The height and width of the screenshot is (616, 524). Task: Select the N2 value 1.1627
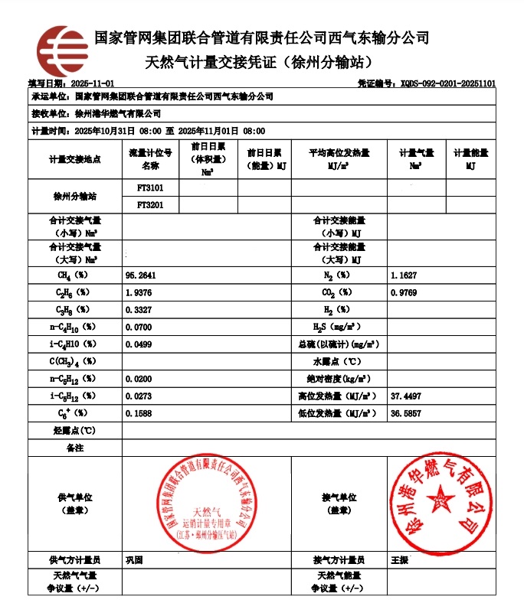(x=404, y=275)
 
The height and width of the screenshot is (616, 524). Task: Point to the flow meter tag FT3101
(x=151, y=187)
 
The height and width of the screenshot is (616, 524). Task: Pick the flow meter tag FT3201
(x=151, y=205)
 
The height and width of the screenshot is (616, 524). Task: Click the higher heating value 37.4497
(x=406, y=396)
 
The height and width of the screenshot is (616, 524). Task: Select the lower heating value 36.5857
(x=406, y=413)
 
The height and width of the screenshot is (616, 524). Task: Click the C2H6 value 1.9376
(x=139, y=292)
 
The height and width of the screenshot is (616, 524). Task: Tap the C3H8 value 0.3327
(x=139, y=310)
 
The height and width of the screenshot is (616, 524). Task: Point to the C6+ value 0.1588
(x=139, y=413)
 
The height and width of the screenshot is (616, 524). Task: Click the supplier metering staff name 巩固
(x=134, y=560)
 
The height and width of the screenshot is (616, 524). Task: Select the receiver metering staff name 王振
(x=400, y=560)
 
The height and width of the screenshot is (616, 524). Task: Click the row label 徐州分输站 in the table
(x=74, y=197)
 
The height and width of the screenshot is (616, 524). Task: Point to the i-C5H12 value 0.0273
(x=139, y=396)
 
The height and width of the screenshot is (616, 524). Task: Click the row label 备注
(x=74, y=448)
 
